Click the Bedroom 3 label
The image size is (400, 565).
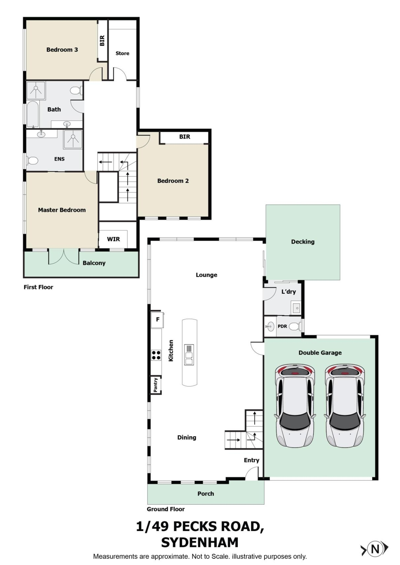pos(62,50)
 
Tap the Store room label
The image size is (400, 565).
pos(122,53)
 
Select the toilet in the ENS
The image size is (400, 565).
pos(32,160)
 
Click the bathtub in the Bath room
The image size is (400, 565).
pos(33,114)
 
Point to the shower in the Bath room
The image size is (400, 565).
pos(36,91)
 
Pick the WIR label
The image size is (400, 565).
pos(113,239)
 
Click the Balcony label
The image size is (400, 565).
pos(94,263)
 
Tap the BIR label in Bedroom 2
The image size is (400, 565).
pos(185,137)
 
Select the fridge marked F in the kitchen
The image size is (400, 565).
pos(157,320)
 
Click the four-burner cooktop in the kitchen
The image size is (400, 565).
pos(156,355)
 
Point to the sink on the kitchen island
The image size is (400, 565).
pos(189,355)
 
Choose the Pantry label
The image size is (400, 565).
pos(155,385)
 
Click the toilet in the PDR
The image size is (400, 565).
pos(296,327)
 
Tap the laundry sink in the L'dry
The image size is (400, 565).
pos(296,308)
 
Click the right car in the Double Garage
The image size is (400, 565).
pos(345,406)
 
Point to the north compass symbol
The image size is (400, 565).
pos(375,549)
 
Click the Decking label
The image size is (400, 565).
pos(303,242)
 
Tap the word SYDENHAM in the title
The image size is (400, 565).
pos(200,543)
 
